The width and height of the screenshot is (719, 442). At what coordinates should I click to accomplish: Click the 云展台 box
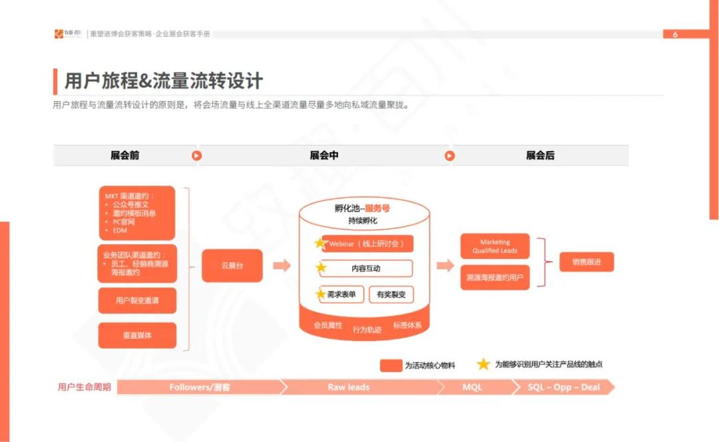coord(232,266)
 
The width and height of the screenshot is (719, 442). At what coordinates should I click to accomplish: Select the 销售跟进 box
coord(586,262)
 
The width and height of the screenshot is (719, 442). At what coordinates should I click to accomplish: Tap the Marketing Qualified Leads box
coord(495,246)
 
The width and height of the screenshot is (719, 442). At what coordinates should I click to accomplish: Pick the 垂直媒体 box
coord(137,335)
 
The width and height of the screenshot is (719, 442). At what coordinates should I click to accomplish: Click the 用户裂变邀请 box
coord(137,300)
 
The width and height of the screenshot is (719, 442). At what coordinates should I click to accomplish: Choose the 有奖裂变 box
coord(391,294)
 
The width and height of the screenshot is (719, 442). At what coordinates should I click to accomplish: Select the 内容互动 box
coord(365,269)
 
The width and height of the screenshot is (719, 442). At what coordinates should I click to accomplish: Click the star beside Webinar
coord(321,243)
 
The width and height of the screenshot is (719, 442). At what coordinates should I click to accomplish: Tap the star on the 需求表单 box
coord(321,294)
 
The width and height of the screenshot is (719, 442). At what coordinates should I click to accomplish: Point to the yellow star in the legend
coord(483,364)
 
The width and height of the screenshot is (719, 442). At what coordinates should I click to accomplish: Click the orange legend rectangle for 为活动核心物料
coord(390,365)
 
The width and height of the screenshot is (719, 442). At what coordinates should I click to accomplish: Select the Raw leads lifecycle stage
coord(348,387)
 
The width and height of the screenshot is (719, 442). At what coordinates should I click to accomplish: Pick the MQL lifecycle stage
coord(472,387)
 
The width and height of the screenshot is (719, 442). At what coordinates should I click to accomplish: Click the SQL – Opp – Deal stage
coord(563,387)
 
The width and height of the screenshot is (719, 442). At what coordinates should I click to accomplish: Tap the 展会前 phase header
coord(125,156)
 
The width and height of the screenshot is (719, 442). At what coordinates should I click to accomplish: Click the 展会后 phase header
coord(540,156)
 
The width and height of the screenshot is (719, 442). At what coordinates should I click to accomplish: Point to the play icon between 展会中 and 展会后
coord(449,156)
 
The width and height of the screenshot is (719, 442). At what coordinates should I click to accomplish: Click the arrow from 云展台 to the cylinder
coord(282,266)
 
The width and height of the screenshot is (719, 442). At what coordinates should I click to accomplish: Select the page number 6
coord(675,35)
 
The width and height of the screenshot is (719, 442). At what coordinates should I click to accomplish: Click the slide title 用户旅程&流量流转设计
coord(163,81)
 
